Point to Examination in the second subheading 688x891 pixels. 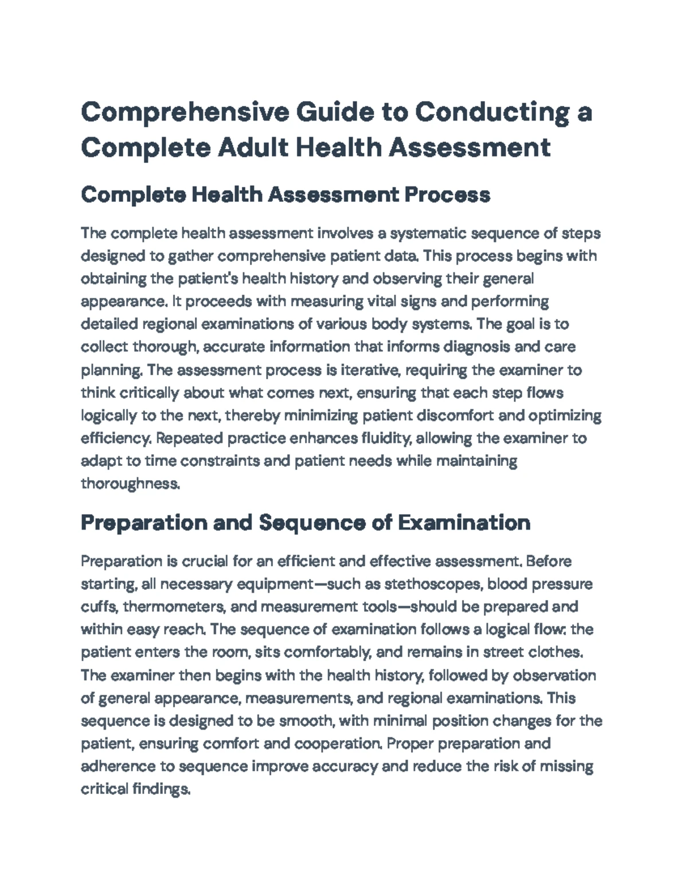click(x=464, y=523)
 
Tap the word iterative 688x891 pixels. click(x=370, y=370)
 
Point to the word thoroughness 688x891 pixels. click(x=130, y=484)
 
